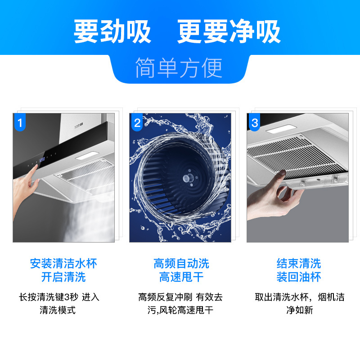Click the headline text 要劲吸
tap(112, 31)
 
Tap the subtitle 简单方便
tap(179, 68)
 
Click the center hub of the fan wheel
tap(185, 178)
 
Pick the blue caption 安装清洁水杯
tap(63, 263)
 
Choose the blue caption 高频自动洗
tap(181, 263)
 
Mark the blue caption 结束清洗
tap(298, 263)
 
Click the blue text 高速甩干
tap(181, 277)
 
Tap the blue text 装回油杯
tap(298, 277)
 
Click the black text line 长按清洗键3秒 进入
tap(59, 297)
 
